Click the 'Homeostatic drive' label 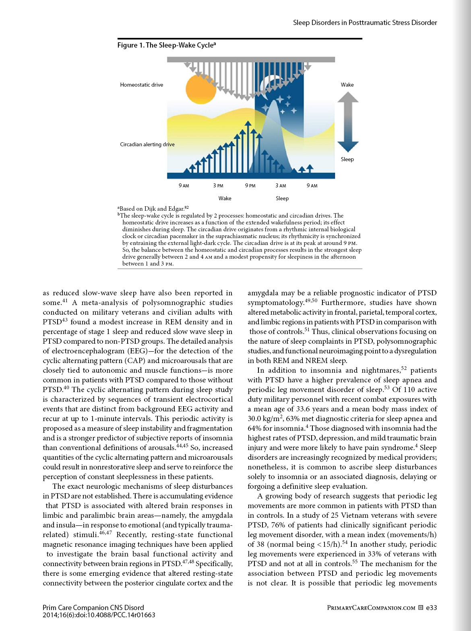point(142,85)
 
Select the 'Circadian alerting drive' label point(147,144)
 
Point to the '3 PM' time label point(218,186)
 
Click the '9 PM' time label point(250,186)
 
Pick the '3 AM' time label point(281,186)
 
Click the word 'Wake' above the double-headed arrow point(347,85)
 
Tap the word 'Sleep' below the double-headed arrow point(347,159)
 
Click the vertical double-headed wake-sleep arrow point(348,122)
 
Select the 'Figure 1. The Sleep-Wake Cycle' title point(166,45)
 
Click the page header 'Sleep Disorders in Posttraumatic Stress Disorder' point(365,23)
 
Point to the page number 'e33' point(432,608)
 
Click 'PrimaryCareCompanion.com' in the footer point(371,608)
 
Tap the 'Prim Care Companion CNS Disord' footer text point(93,608)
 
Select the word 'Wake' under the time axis point(225,198)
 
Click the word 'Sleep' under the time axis point(282,198)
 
